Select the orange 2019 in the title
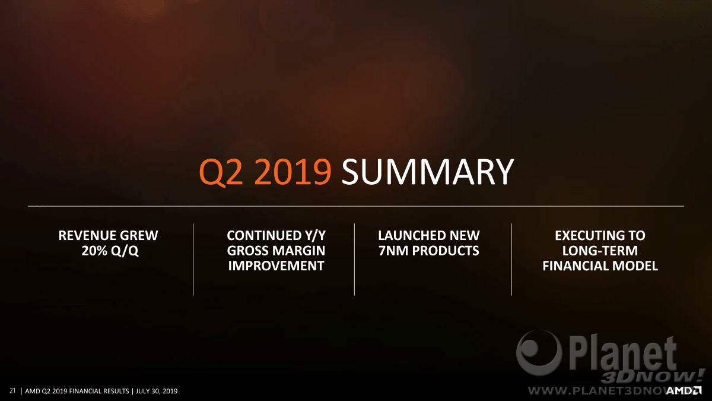tap(293, 172)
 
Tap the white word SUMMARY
tap(428, 172)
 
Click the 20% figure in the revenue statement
tap(94, 251)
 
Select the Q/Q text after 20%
tap(125, 251)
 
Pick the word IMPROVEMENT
tap(276, 266)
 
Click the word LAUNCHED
tap(408, 235)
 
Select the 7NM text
tap(393, 251)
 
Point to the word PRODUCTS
tap(446, 251)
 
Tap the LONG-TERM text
tap(600, 251)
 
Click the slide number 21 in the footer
tap(12, 390)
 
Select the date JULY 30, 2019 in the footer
tap(157, 391)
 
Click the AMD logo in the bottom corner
tap(684, 390)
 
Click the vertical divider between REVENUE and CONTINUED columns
tap(193, 260)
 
